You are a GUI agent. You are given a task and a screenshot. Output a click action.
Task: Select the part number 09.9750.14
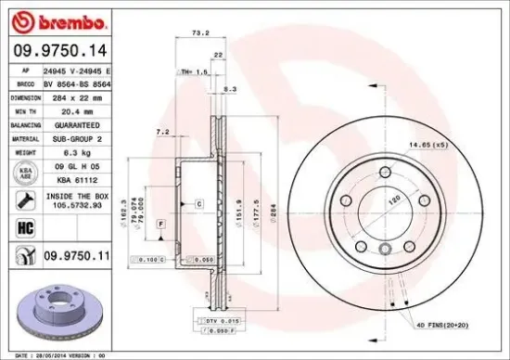click(57, 52)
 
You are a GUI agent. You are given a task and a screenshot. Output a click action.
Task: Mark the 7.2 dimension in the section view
click(163, 133)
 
